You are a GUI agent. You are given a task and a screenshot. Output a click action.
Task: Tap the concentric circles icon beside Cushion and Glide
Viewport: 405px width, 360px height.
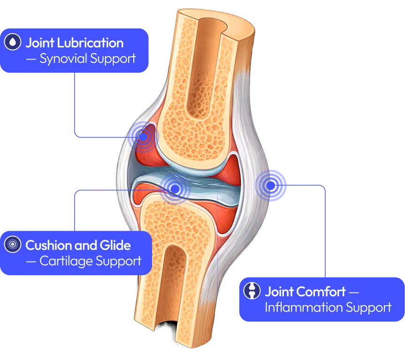[13, 245]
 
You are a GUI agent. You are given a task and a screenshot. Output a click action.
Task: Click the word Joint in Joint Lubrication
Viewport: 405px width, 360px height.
[39, 43]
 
